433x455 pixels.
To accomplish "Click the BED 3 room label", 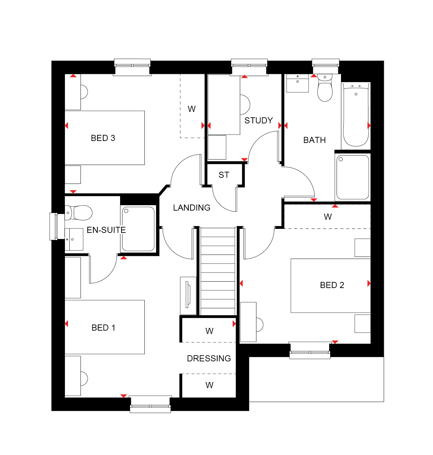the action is tap(103, 138).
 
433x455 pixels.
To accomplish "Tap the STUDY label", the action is tap(258, 120).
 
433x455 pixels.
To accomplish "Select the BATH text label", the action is tap(314, 140).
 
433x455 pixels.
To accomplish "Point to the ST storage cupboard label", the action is tap(224, 175).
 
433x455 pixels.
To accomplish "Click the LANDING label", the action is tap(191, 208).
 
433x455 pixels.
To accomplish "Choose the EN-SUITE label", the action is tap(106, 230).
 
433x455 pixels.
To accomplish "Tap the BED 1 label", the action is tap(103, 328).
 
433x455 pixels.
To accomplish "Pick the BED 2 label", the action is tap(332, 285).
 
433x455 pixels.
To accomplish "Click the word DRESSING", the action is tap(209, 359).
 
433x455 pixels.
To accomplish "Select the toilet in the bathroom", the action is tap(325, 88).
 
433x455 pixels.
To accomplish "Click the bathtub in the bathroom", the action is tap(356, 115).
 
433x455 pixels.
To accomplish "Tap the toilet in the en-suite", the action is tap(78, 213).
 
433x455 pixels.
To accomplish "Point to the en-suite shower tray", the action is tap(138, 229).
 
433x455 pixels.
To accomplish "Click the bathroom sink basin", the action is tap(297, 83).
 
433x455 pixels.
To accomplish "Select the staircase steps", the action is tap(218, 271).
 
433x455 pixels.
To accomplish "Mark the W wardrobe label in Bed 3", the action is tap(191, 109).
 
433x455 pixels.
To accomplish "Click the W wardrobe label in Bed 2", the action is tap(327, 217).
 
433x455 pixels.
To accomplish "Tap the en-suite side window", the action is tap(57, 226).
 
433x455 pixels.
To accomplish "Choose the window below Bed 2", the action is tap(310, 351).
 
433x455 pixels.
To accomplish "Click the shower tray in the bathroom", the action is tap(352, 177).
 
